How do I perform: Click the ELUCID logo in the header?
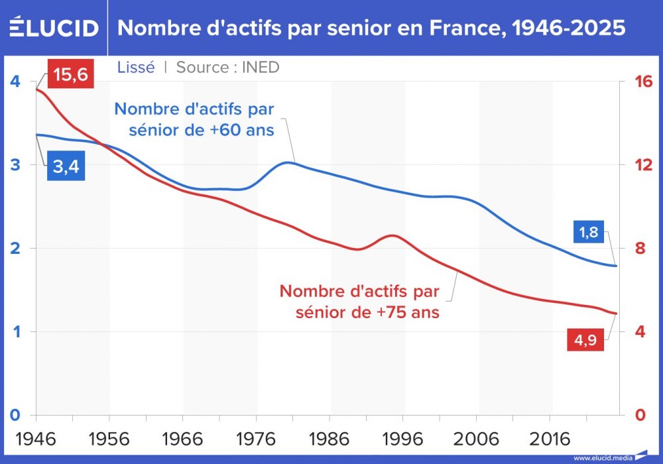click(54, 28)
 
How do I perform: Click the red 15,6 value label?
click(71, 75)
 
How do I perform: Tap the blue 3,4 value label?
click(66, 167)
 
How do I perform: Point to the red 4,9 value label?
click(584, 341)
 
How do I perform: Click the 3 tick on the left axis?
click(15, 164)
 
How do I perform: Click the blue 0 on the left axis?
click(15, 415)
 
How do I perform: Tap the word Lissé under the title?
click(136, 67)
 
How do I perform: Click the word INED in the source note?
click(260, 67)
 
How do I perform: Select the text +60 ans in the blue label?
click(241, 130)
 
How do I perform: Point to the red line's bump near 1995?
click(393, 235)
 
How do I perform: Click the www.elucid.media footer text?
click(603, 457)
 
